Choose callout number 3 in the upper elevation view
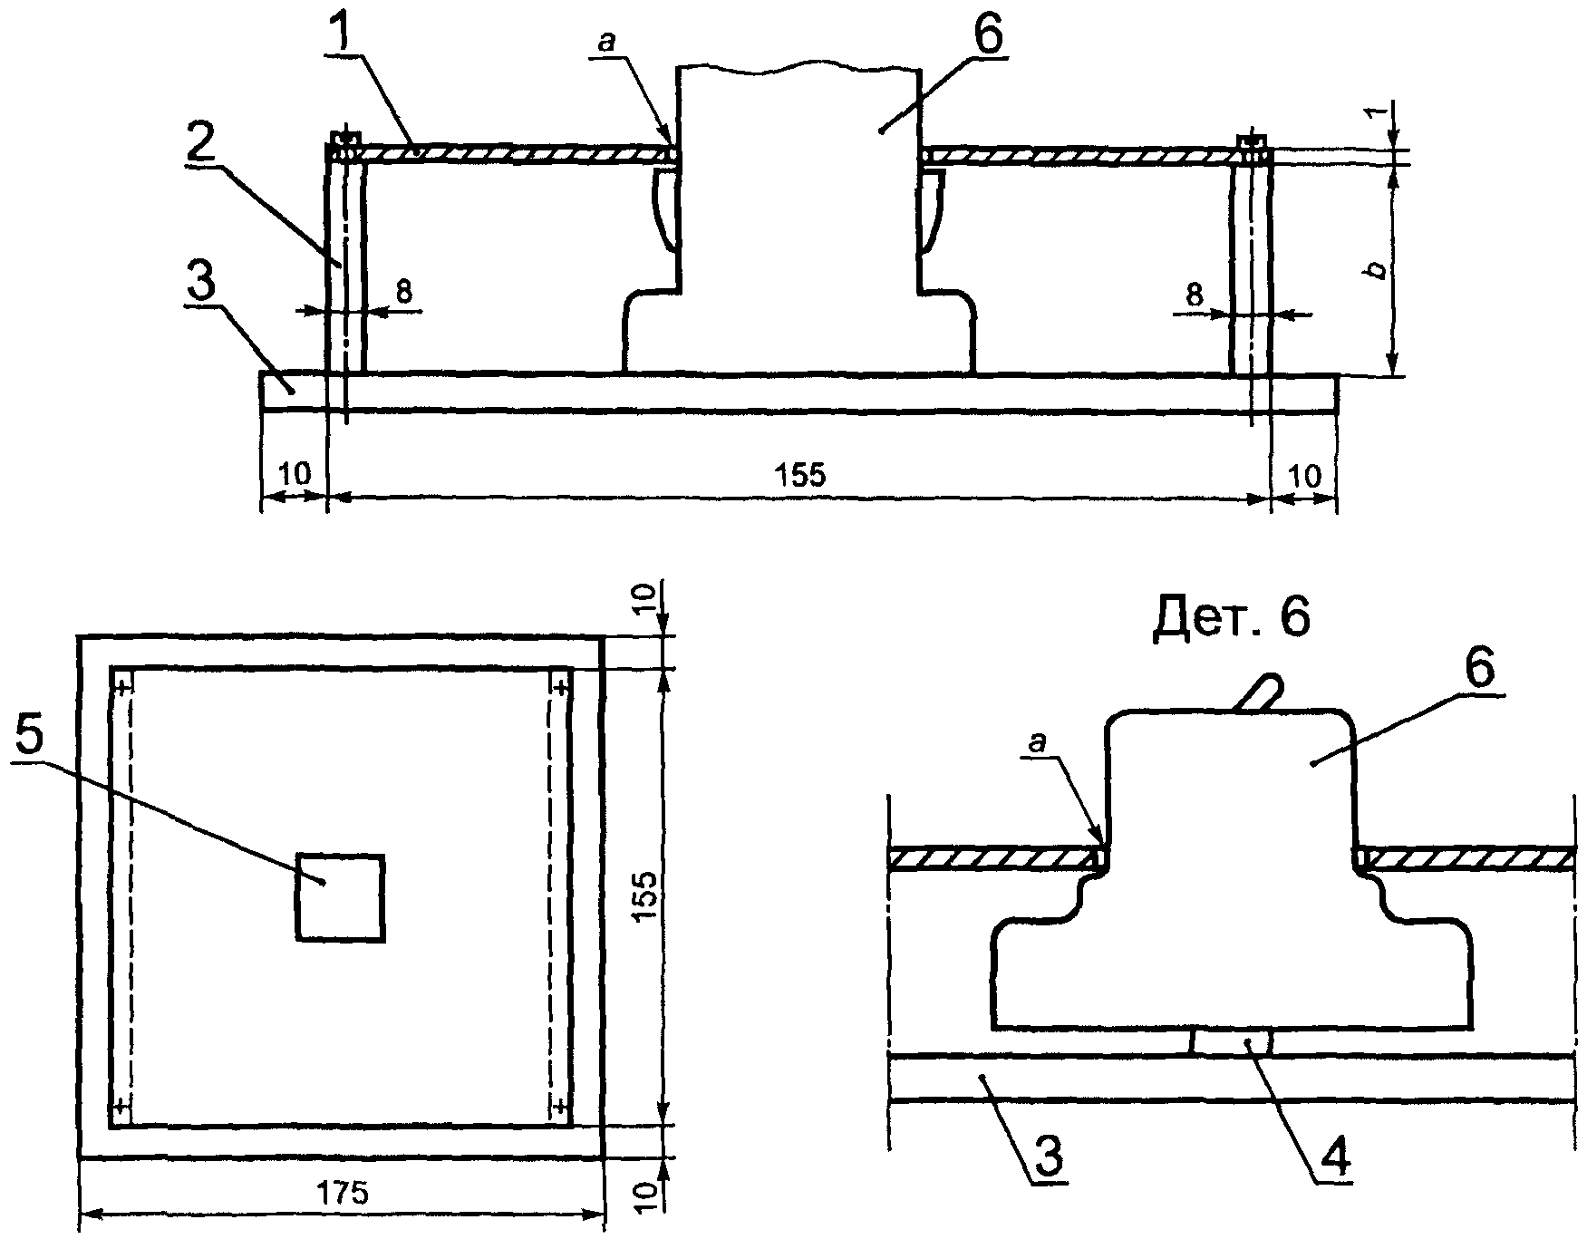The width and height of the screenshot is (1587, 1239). [x=201, y=285]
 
